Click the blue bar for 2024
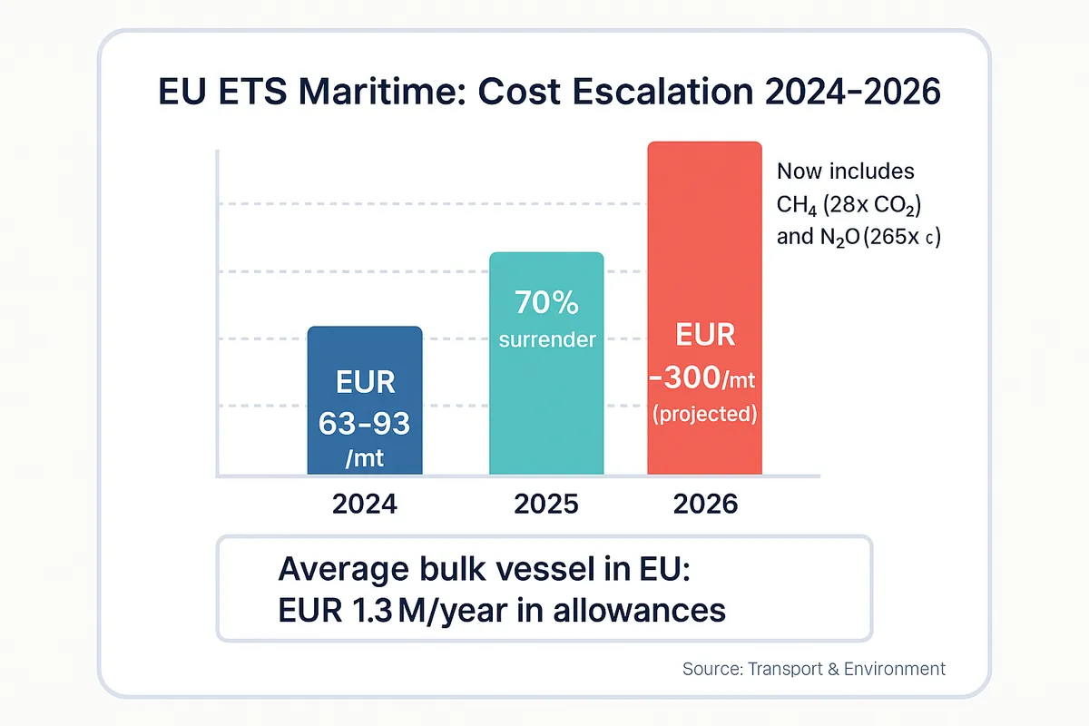coord(365,399)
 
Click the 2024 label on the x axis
coord(365,505)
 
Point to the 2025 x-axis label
coord(546,505)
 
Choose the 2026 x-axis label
coord(706,505)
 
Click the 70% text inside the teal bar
coord(546,302)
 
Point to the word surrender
coord(547,339)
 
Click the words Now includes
coord(846,172)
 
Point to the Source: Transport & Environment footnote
coord(813,669)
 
